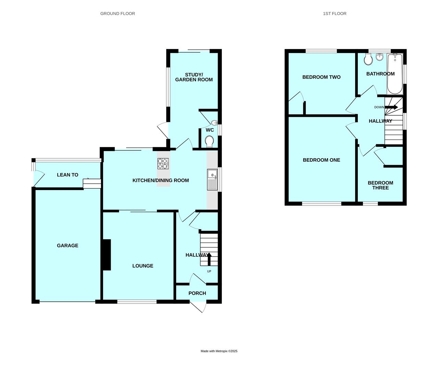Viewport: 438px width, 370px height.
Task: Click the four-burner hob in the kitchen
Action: (x=163, y=164)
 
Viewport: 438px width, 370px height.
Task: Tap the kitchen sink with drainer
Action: (x=212, y=180)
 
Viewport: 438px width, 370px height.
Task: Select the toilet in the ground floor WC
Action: (x=209, y=141)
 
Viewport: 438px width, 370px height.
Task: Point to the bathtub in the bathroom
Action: (x=395, y=74)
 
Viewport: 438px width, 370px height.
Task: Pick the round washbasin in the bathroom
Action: (x=380, y=57)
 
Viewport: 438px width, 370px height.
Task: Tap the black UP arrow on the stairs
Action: (x=209, y=259)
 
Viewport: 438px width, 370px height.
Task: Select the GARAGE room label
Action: (x=68, y=245)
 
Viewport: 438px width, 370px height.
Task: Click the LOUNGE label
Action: (x=143, y=266)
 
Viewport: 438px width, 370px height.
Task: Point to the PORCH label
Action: (x=197, y=293)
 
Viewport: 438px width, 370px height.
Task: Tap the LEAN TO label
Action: (x=68, y=175)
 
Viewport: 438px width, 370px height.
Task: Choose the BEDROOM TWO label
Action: (x=321, y=77)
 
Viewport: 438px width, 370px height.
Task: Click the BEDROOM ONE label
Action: (x=321, y=160)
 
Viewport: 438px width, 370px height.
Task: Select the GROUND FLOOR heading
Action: (x=118, y=14)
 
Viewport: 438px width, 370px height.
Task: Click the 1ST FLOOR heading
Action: (x=334, y=14)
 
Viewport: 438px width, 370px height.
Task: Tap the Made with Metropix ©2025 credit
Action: (x=219, y=351)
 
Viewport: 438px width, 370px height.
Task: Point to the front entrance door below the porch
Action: (x=198, y=307)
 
